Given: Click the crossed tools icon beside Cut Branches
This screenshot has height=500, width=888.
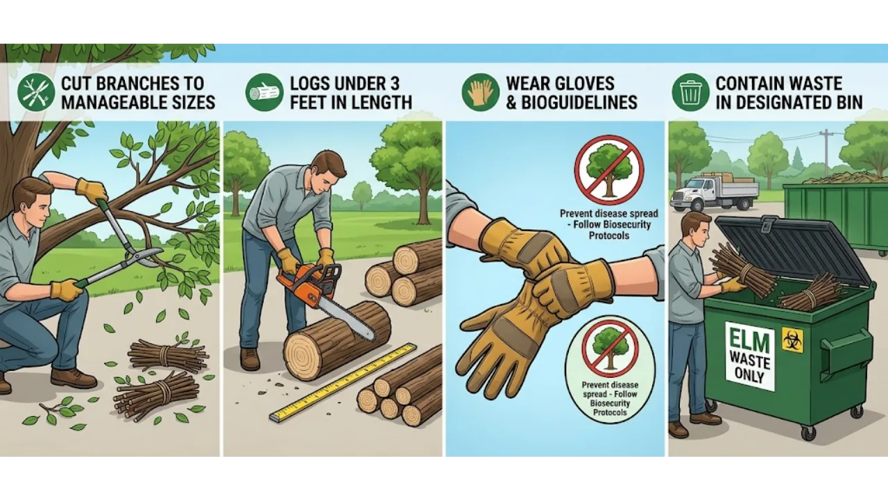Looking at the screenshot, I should coord(36,92).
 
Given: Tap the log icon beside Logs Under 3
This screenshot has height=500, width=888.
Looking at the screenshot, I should coord(264,92).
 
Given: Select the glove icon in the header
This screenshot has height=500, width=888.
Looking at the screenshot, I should coord(481,92).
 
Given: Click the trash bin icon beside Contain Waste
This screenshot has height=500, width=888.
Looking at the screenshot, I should coord(690,92).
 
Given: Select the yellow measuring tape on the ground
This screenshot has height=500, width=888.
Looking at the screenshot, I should coord(343,382).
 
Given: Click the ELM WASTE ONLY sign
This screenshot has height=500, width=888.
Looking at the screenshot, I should coord(749,356).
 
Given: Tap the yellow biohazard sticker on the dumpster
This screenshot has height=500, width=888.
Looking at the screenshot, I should coord(792,340).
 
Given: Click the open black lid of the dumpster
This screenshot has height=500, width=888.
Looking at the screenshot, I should coord(791,247).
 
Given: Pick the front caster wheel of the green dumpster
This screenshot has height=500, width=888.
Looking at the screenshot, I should coord(808,433).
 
